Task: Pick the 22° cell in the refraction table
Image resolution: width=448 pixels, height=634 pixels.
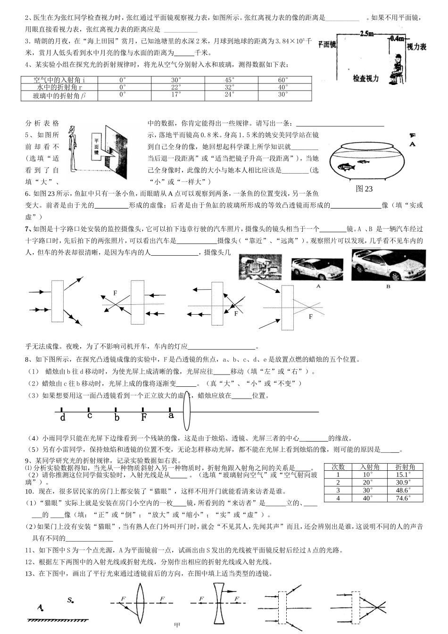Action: pos(176,87)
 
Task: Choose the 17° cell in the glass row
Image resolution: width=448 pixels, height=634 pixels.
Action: pos(176,95)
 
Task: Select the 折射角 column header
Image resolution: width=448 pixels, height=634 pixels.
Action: pos(405,467)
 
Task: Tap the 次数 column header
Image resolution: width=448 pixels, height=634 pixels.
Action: pos(338,467)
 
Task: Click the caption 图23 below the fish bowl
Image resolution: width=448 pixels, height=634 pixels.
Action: pos(364,189)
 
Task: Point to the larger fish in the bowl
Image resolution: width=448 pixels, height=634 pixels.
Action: pos(344,166)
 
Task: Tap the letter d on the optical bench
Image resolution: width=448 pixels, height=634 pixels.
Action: pos(63,417)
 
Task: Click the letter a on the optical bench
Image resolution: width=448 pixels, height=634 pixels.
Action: pos(171,416)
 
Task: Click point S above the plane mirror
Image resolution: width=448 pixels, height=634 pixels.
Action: pos(70,601)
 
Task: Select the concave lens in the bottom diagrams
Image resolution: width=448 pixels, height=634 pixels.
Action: pos(217,603)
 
